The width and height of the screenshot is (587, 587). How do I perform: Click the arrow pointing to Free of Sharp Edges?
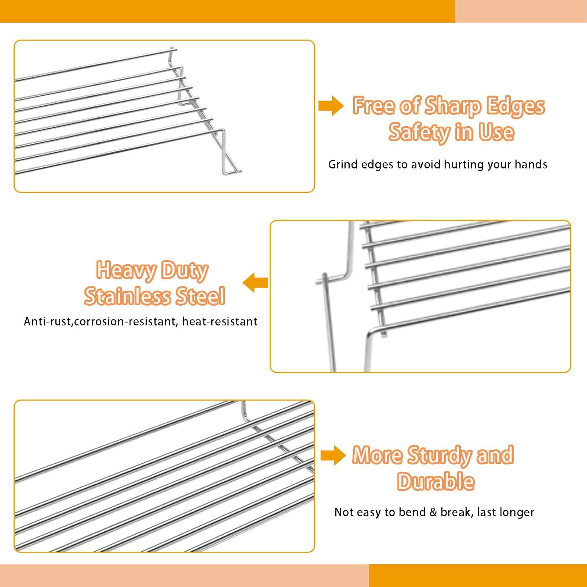coord(331,106)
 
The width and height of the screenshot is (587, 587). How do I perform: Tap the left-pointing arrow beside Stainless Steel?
coord(255,282)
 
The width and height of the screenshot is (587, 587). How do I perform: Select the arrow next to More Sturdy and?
coord(333,455)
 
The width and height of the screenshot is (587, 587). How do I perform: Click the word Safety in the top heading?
coord(418,132)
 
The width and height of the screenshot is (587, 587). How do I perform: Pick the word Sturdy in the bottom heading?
coord(439,455)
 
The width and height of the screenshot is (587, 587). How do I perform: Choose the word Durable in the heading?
coord(436,481)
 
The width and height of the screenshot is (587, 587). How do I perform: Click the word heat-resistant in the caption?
coord(220,322)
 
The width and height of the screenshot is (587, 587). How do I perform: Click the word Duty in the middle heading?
coord(185,271)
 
